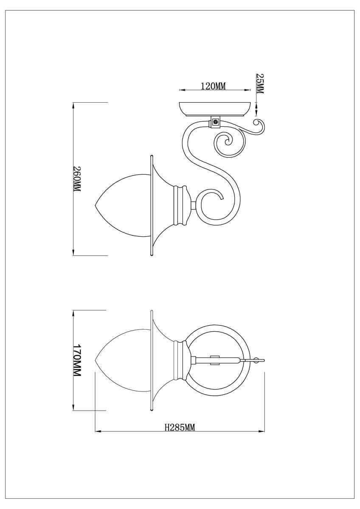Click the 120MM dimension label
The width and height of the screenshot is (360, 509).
click(x=213, y=86)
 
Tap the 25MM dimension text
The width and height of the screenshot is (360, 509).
click(x=260, y=84)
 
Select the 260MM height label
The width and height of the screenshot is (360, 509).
click(x=77, y=179)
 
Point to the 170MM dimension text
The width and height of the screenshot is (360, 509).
click(x=77, y=361)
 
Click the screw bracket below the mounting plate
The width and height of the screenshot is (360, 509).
click(x=216, y=122)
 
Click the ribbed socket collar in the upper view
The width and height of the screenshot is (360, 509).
click(x=181, y=204)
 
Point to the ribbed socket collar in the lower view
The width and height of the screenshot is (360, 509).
click(x=181, y=361)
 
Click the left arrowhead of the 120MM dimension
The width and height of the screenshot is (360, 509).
click(x=181, y=90)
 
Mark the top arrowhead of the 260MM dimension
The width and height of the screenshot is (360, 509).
click(x=74, y=105)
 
